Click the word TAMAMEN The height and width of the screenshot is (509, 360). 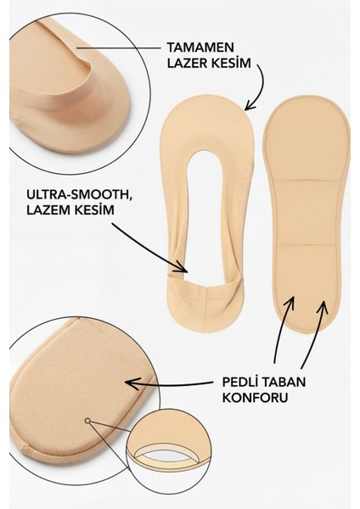pyautogui.click(x=200, y=48)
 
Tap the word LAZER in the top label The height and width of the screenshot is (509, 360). pyautogui.click(x=188, y=63)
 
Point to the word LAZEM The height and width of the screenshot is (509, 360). pyautogui.click(x=46, y=210)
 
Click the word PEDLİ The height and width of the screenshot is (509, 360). pyautogui.click(x=240, y=382)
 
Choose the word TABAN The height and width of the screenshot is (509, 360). pyautogui.click(x=284, y=382)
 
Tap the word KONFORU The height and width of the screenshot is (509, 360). pyautogui.click(x=255, y=397)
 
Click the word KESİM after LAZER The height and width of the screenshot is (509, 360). pyautogui.click(x=231, y=63)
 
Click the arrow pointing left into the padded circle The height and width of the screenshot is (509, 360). pyautogui.click(x=172, y=384)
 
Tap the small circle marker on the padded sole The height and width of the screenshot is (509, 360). pyautogui.click(x=87, y=421)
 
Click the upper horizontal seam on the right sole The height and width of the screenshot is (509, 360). pyautogui.click(x=307, y=179)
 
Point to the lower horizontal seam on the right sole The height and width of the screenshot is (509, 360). pyautogui.click(x=307, y=245)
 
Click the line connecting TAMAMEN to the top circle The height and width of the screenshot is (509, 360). pyautogui.click(x=119, y=48)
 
